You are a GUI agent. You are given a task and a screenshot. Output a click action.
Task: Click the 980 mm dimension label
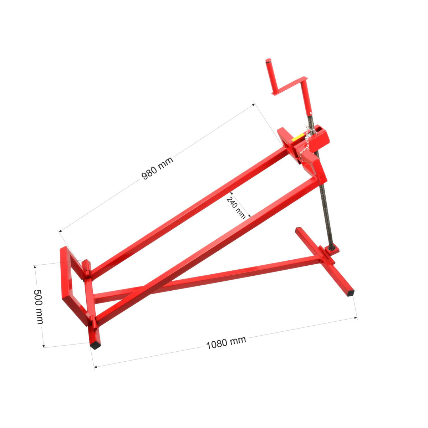click(x=157, y=168)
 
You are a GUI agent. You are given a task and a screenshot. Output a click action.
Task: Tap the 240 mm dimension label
click(x=236, y=208)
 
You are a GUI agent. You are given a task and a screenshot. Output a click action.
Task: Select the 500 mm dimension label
click(x=39, y=307)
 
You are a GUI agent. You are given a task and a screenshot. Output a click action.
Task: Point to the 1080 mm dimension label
click(x=226, y=343)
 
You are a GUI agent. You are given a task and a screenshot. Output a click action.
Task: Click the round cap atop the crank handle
click(x=268, y=60)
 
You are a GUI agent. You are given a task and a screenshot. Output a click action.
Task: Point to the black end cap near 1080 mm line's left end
click(x=96, y=345)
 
